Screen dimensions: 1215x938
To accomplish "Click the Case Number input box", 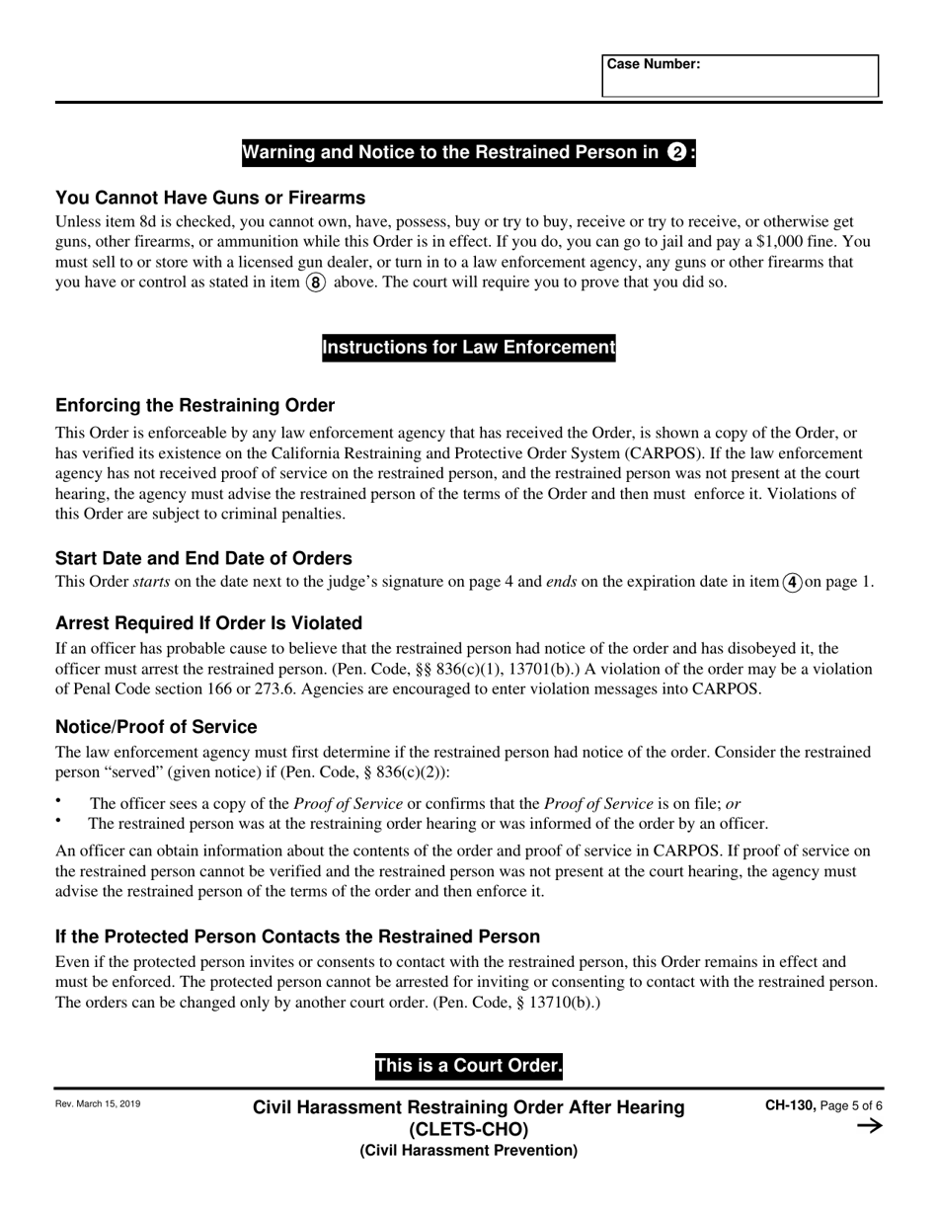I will click(x=740, y=76).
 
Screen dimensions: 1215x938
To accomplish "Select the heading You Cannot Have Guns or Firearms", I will click(x=210, y=198).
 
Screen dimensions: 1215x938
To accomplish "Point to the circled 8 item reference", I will click(x=315, y=283).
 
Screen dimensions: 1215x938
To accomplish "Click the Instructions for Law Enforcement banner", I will click(x=468, y=348).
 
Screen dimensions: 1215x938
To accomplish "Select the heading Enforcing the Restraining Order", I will click(x=195, y=406).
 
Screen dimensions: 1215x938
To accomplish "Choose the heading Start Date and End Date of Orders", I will click(x=203, y=558).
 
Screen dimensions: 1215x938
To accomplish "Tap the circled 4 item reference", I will click(x=792, y=582).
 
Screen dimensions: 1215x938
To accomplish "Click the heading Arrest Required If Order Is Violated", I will click(x=208, y=623).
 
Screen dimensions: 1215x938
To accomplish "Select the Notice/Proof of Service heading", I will click(x=156, y=727).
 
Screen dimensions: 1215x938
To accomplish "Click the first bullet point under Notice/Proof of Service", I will click(x=58, y=801).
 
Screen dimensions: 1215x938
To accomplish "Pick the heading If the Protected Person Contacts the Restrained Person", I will click(x=297, y=936).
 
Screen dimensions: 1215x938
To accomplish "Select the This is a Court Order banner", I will click(x=468, y=1067).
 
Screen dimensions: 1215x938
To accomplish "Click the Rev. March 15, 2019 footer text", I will click(x=98, y=1104).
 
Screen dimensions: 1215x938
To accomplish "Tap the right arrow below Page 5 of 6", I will click(x=869, y=1126).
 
